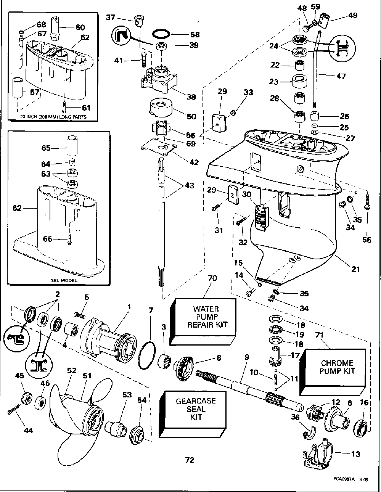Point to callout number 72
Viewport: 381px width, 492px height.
click(190, 460)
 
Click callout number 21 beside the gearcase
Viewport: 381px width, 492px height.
click(355, 269)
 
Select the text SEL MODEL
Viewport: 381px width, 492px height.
click(64, 280)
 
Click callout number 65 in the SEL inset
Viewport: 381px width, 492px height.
click(46, 148)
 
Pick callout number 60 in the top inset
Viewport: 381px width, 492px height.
click(80, 27)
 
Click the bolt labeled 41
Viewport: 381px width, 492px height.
click(144, 61)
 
